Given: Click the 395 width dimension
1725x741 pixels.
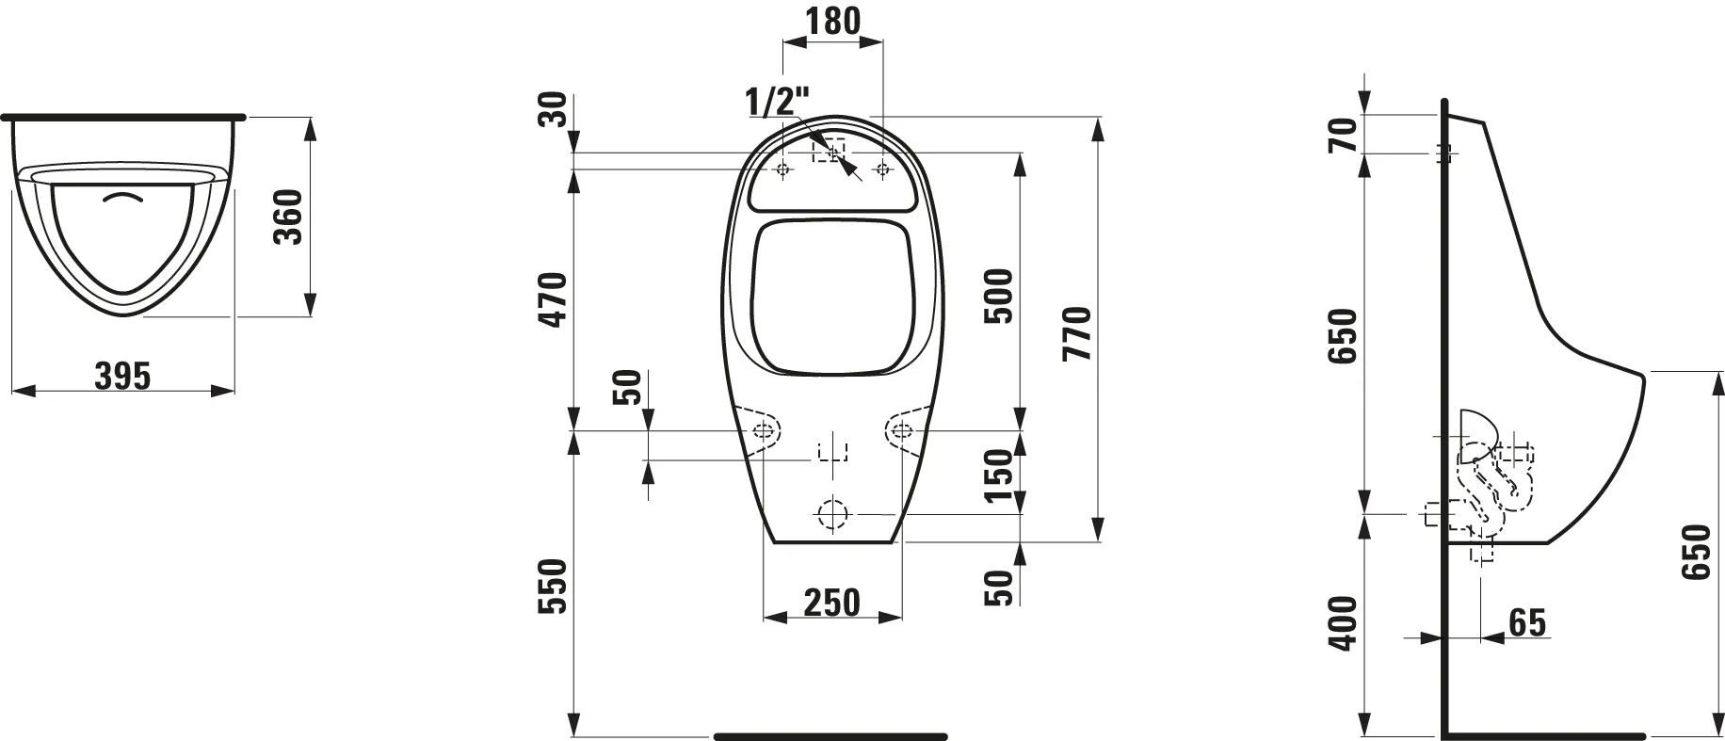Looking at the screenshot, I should coord(122,376).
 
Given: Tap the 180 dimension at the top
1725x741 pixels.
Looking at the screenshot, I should coord(833,20).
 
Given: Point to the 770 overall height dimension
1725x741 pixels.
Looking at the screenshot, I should coord(1076,333).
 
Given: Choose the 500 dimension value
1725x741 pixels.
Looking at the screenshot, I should coord(999,296).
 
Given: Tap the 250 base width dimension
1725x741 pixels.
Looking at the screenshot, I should coord(831,602).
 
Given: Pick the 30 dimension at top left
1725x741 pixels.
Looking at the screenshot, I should coord(556,109).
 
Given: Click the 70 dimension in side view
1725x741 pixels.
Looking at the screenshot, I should coord(1344,134).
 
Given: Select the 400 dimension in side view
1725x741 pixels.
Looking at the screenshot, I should coord(1344,622).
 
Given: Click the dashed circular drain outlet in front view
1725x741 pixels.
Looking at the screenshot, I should coord(832,514).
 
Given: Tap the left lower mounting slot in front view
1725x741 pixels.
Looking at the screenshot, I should coord(766,431).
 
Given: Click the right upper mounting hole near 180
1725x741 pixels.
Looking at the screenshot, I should coord(882,169).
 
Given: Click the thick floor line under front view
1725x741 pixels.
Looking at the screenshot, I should coord(830,735).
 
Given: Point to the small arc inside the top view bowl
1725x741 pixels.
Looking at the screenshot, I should coord(126,199).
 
